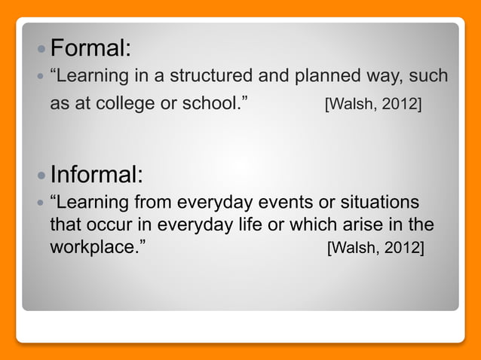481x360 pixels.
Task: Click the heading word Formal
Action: pos(90,49)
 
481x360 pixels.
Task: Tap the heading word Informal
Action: pos(96,175)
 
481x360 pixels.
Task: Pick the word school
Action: pos(216,103)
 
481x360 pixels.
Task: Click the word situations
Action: pos(380,203)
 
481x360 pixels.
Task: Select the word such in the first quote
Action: pos(427,77)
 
